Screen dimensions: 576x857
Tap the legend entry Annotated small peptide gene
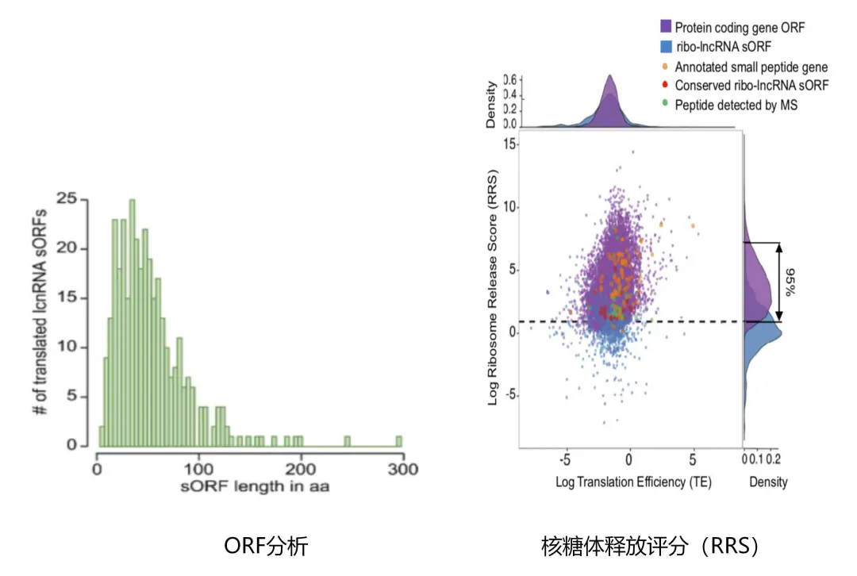pyautogui.click(x=751, y=67)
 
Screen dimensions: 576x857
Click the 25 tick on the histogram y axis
pyautogui.click(x=76, y=199)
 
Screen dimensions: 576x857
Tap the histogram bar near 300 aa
pyautogui.click(x=398, y=441)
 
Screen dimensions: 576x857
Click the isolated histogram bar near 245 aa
pyautogui.click(x=347, y=441)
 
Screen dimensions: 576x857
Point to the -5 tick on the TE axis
pyautogui.click(x=565, y=459)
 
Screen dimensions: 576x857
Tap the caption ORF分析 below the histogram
pyautogui.click(x=265, y=545)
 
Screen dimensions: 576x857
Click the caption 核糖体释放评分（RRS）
pyautogui.click(x=651, y=545)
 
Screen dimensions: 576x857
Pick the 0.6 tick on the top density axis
pyautogui.click(x=510, y=79)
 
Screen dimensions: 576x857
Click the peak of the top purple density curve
pyautogui.click(x=609, y=76)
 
